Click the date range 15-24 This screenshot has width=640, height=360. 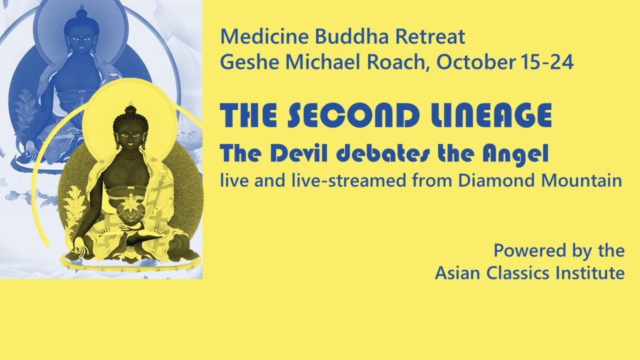547,62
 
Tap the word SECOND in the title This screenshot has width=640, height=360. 354,116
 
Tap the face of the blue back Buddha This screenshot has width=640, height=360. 82,39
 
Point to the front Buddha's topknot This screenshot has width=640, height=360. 130,109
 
